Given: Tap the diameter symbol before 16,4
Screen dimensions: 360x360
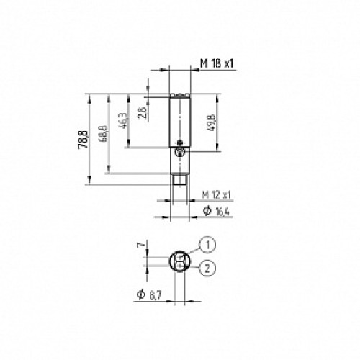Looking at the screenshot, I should click(x=206, y=210).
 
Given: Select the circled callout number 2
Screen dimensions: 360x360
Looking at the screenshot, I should click(x=207, y=269).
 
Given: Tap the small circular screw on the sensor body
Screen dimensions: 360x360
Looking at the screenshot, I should click(x=180, y=151).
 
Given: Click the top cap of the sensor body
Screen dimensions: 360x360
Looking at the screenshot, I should click(x=180, y=95).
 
